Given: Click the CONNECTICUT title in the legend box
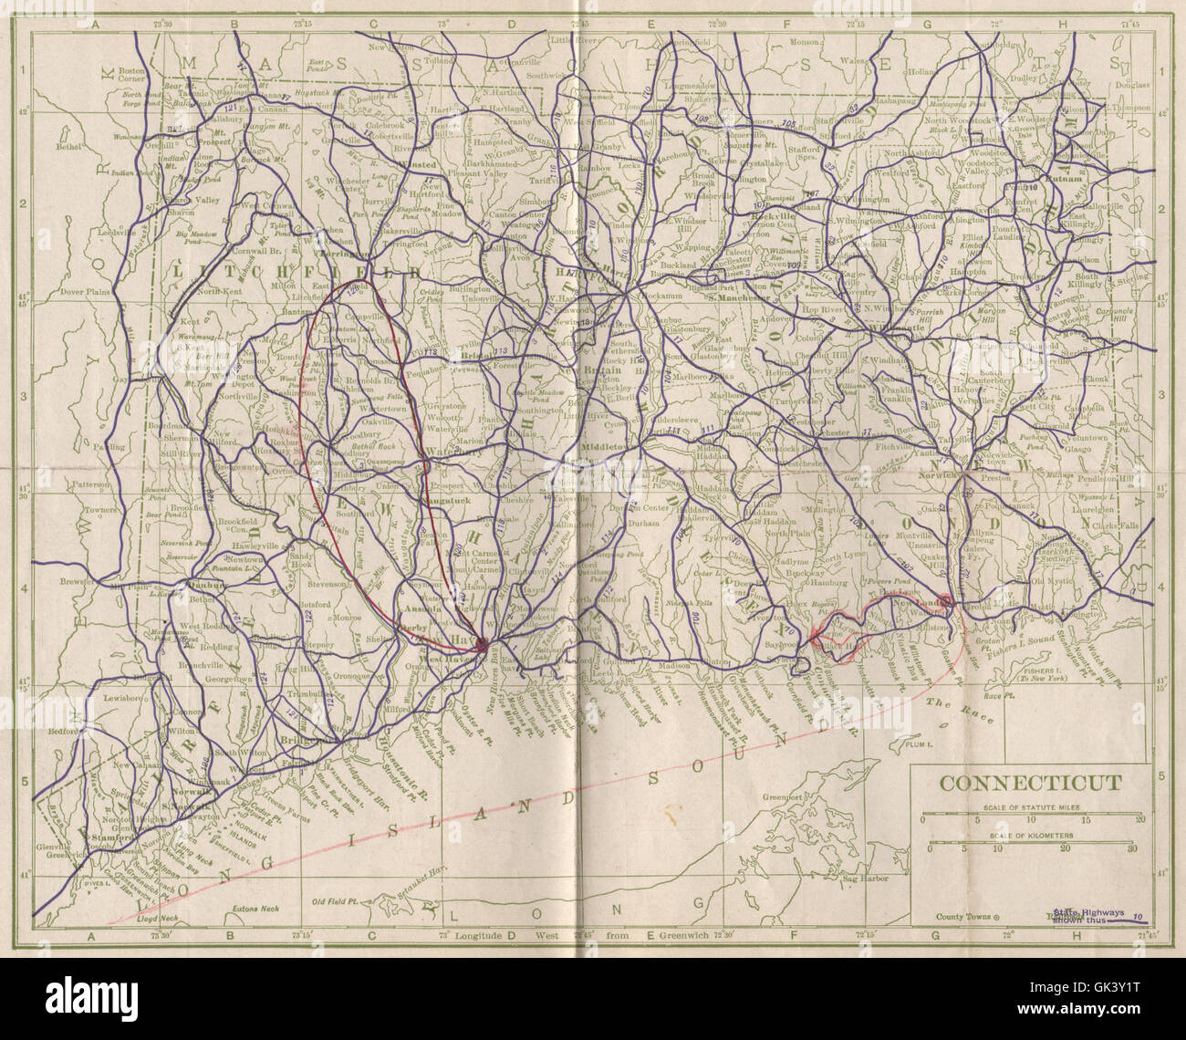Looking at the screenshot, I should (1031, 783).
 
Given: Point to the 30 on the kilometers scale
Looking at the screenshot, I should (1132, 848).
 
